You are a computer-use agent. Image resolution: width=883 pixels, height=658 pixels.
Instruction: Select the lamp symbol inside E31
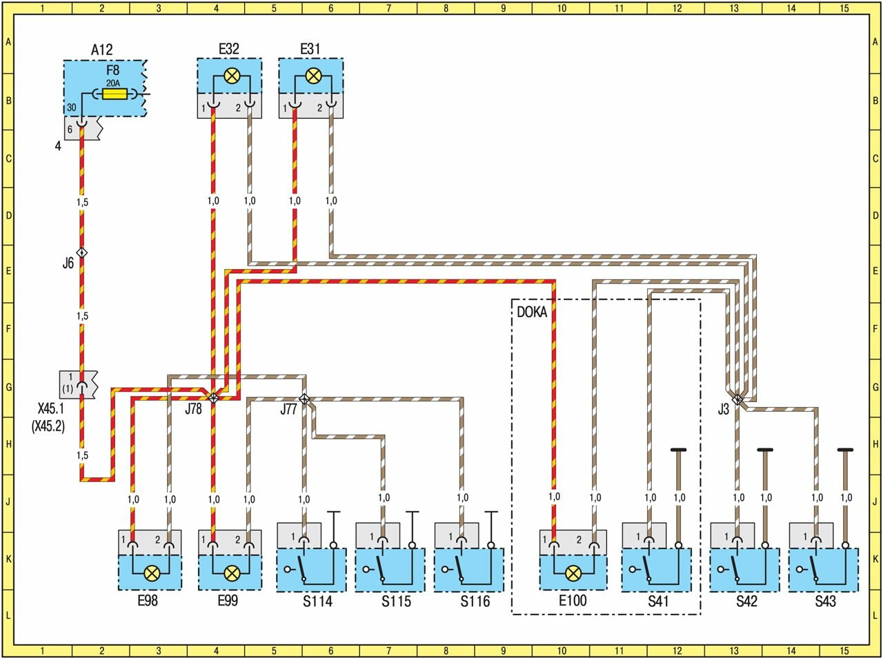(312, 77)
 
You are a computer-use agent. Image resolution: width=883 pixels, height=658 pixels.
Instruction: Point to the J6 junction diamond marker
(82, 253)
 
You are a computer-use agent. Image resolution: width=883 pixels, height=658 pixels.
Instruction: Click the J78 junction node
(213, 398)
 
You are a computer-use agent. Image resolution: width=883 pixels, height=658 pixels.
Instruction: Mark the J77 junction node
(304, 399)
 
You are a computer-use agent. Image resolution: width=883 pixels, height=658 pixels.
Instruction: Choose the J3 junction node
(737, 399)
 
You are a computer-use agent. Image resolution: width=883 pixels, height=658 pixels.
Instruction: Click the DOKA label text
(532, 312)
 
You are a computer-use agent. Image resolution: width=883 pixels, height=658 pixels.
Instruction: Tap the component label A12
(101, 50)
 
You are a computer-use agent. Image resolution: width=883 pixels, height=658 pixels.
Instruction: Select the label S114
(317, 601)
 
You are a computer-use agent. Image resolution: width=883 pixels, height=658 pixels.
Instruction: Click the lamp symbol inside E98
(152, 572)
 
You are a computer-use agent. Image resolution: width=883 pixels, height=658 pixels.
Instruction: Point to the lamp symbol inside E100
(572, 572)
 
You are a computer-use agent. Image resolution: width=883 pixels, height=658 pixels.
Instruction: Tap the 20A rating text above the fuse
(113, 82)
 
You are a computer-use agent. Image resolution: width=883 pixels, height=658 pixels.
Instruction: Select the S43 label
(825, 601)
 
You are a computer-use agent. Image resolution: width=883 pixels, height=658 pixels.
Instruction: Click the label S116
(475, 601)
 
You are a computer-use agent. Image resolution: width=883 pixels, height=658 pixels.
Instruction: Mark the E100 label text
(573, 601)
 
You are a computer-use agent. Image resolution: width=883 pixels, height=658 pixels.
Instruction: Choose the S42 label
(746, 601)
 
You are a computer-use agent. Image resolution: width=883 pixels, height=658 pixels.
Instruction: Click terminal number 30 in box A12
(72, 107)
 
